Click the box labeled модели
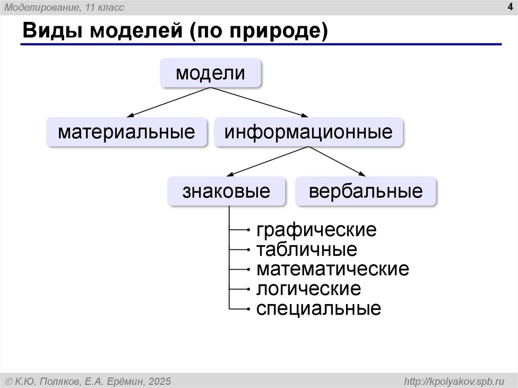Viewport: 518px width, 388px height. (210, 73)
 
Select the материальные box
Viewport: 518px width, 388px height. (126, 132)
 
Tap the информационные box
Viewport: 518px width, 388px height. (309, 132)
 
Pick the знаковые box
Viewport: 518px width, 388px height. (226, 191)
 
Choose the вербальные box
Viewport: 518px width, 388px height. (366, 191)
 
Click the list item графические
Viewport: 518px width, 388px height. (316, 230)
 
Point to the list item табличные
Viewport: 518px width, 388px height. (307, 249)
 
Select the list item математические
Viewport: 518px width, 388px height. (332, 269)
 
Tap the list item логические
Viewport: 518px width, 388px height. (309, 289)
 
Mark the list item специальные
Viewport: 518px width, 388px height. (318, 308)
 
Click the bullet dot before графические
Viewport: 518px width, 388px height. (248, 231)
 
